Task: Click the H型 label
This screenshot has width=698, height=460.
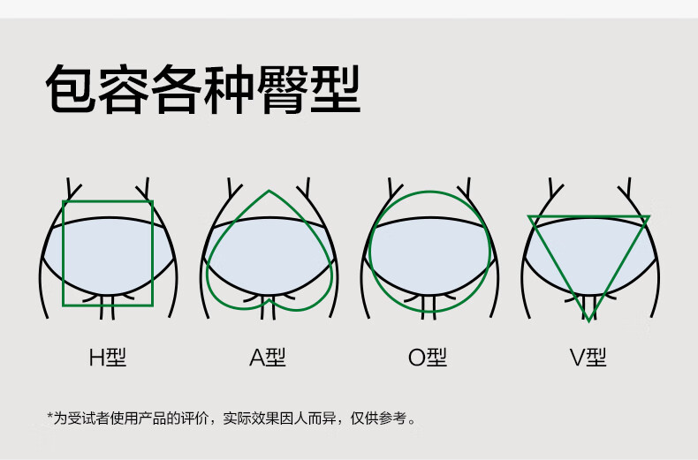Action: (x=108, y=358)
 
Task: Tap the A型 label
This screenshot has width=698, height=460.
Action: (x=268, y=358)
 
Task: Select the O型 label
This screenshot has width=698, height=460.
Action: (x=428, y=358)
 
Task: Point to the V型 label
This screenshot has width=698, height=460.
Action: (x=588, y=358)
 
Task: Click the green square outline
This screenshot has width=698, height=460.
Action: (x=64, y=256)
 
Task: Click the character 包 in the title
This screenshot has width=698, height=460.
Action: (x=70, y=89)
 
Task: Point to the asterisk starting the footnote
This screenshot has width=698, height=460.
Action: (x=50, y=416)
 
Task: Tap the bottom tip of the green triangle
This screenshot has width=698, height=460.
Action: (x=588, y=320)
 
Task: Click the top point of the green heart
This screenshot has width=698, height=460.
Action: (x=269, y=191)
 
